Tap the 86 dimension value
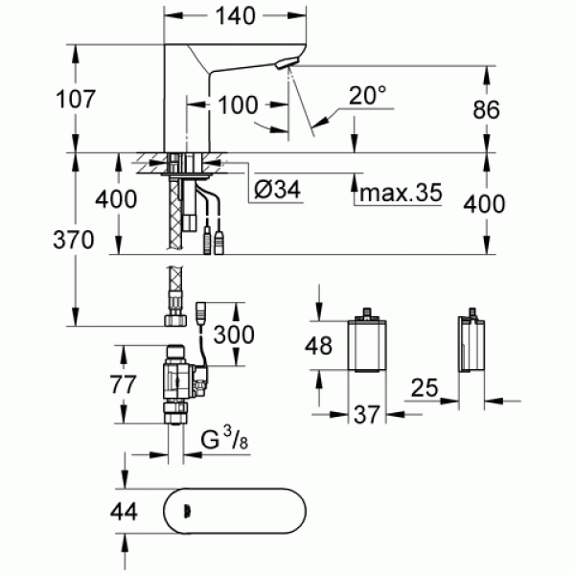pos(487,109)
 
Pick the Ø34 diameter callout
pos(278,192)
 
